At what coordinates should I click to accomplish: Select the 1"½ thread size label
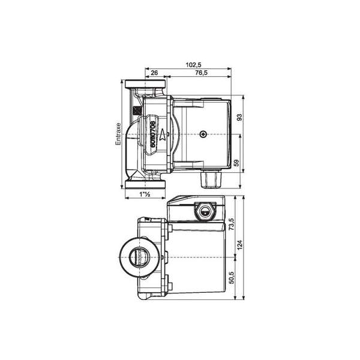click(143, 194)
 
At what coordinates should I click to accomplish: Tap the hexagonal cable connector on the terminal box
click(205, 211)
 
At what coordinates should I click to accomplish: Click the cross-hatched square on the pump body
click(137, 110)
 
